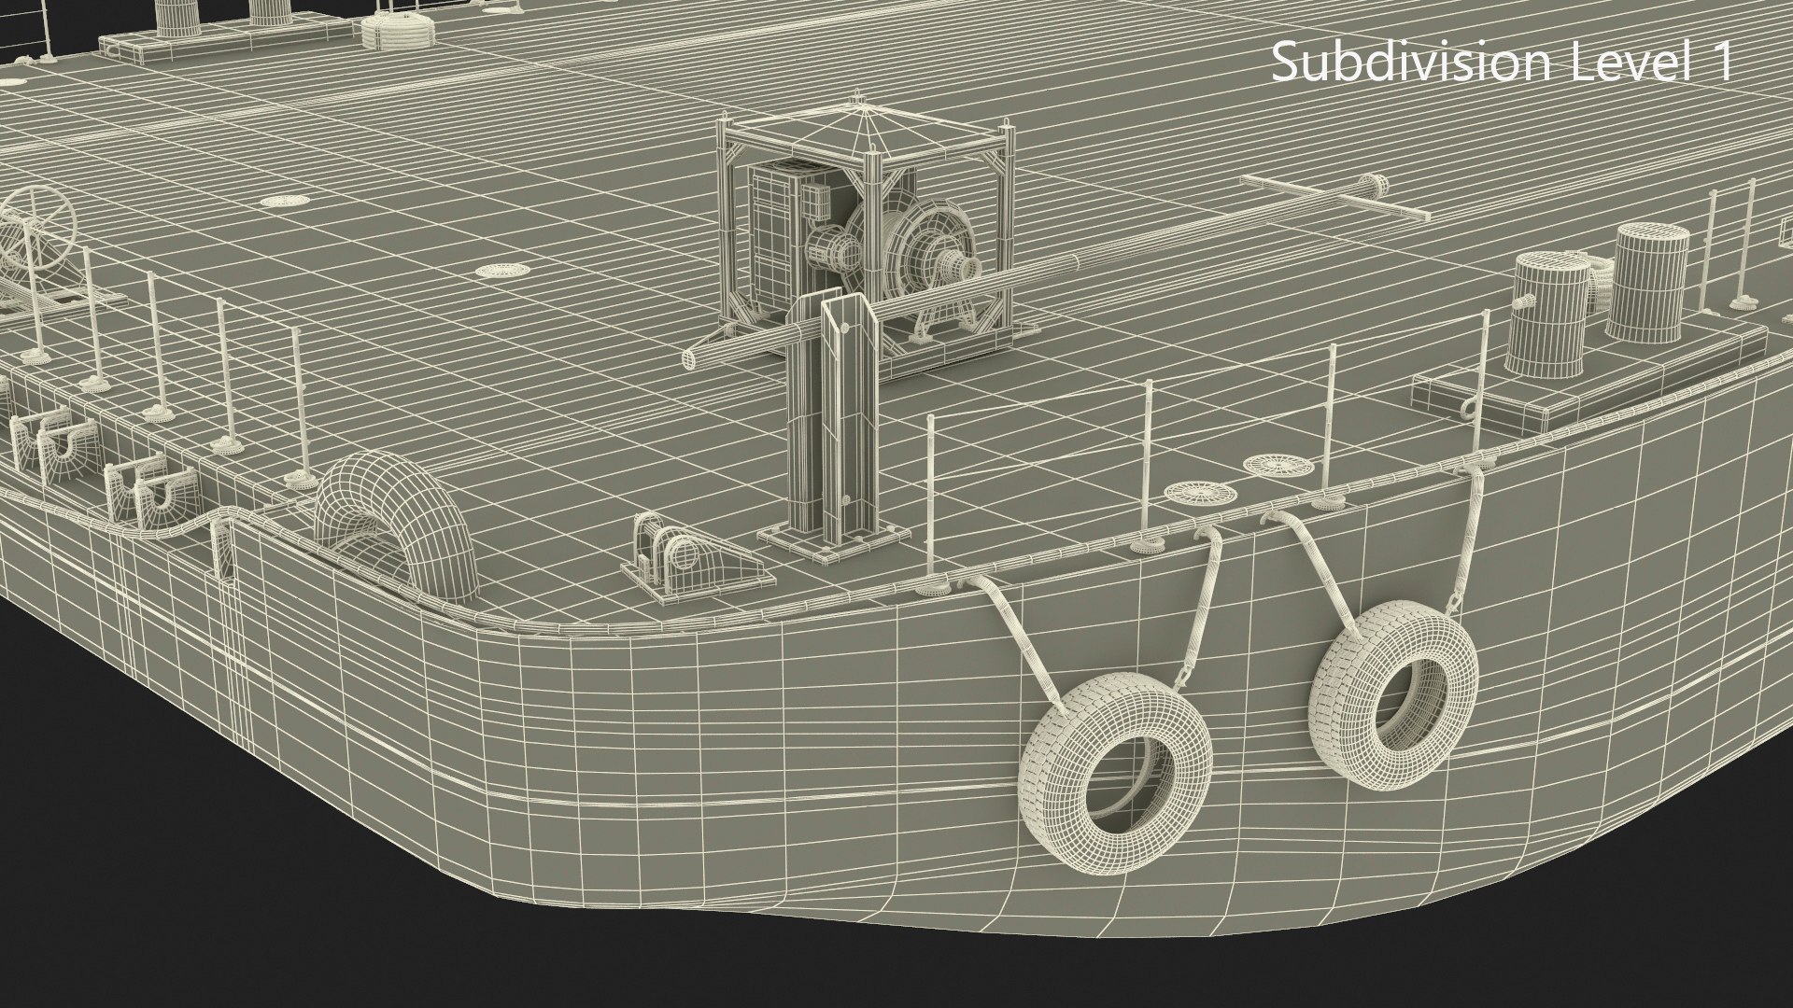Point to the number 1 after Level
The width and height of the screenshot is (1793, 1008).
[1717, 63]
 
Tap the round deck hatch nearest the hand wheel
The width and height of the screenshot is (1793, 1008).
[276, 200]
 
